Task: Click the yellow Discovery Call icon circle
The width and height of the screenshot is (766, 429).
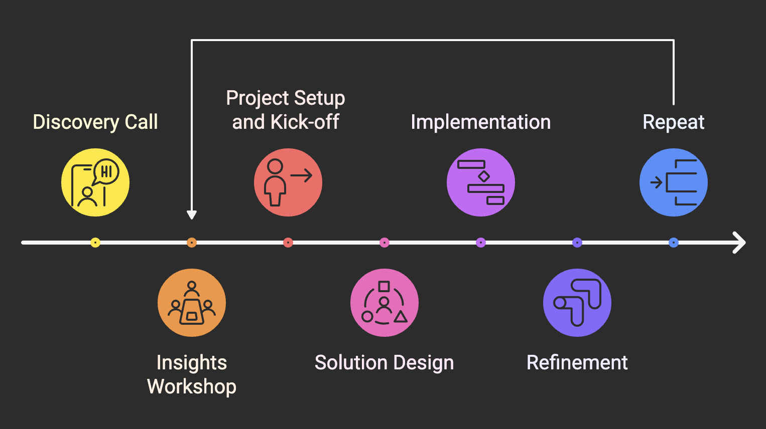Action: (95, 182)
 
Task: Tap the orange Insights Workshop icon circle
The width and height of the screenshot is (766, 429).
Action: (192, 303)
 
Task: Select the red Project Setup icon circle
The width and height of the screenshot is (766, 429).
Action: (288, 182)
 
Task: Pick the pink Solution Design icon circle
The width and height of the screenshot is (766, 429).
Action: (385, 303)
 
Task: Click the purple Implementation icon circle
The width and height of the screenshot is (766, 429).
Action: (481, 182)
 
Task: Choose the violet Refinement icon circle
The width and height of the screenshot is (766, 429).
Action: (577, 303)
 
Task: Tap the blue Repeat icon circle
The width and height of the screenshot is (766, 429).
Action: (674, 182)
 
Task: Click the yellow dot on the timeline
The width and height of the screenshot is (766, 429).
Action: (95, 243)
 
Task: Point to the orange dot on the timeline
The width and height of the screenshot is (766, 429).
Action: (192, 243)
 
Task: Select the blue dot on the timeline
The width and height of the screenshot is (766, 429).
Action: (674, 243)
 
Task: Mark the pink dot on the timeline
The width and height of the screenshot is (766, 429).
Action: (385, 243)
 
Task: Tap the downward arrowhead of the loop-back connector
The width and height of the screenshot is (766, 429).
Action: (192, 214)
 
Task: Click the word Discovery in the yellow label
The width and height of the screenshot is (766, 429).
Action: (76, 122)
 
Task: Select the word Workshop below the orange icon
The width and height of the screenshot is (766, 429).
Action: (192, 387)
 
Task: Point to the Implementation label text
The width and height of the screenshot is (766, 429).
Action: (481, 122)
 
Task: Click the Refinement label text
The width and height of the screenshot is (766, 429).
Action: (577, 363)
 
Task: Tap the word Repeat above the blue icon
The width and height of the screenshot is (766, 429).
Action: (674, 122)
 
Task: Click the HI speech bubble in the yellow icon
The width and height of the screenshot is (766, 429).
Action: (106, 172)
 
